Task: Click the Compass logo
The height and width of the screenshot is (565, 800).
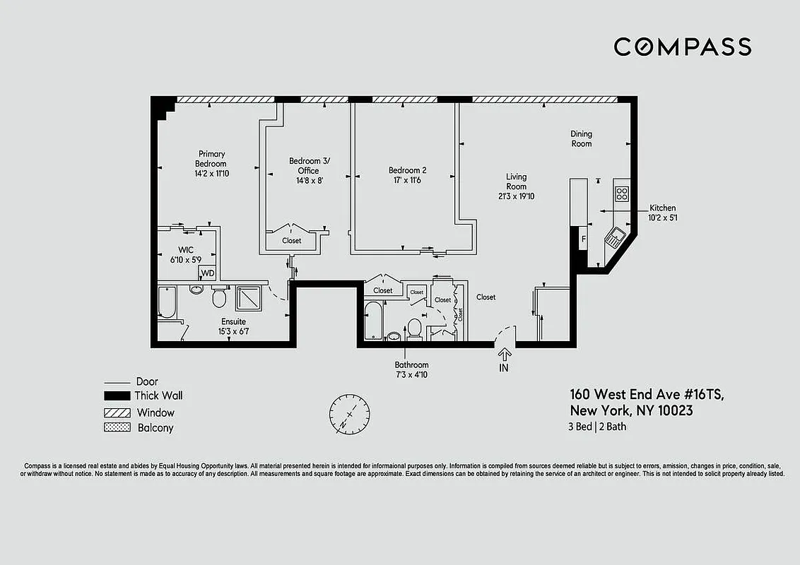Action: click(682, 47)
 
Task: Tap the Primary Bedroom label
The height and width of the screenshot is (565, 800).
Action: click(211, 159)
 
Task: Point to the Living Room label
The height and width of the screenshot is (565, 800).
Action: click(516, 182)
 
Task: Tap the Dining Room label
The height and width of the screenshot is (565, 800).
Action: click(581, 138)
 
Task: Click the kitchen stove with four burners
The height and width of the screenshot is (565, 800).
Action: click(622, 194)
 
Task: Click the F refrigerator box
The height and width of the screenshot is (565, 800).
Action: click(583, 239)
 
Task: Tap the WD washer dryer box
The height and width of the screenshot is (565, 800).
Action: click(207, 273)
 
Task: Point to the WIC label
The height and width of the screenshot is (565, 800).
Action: click(186, 250)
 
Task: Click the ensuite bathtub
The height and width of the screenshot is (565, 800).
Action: click(167, 302)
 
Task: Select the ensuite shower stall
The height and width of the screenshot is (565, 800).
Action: click(248, 299)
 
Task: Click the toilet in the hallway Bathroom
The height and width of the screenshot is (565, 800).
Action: click(414, 328)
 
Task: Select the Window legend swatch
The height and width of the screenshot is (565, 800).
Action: click(117, 412)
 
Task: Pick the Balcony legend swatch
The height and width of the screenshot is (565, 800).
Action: click(117, 427)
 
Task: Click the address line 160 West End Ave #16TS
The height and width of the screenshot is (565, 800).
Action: click(647, 395)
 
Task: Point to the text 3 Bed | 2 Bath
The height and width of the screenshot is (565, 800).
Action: click(597, 427)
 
